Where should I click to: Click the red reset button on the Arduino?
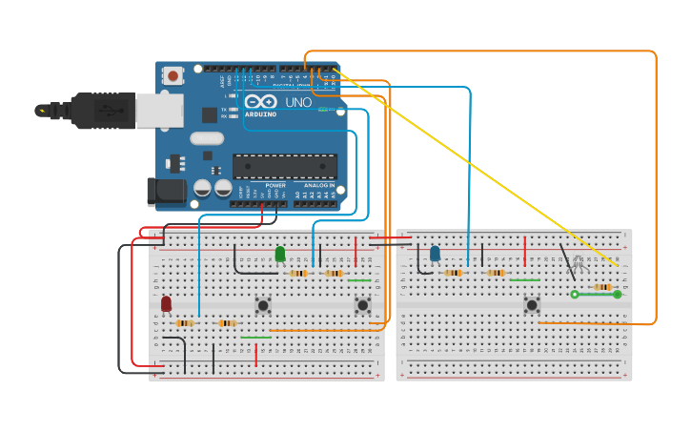click(x=173, y=75)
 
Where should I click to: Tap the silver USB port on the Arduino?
click(x=158, y=111)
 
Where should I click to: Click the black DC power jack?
click(x=167, y=191)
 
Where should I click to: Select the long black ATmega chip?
click(x=285, y=166)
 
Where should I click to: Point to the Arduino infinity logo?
click(x=260, y=102)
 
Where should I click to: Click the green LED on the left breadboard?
click(x=280, y=254)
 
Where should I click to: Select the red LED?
click(x=166, y=303)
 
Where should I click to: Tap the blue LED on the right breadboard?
click(x=435, y=253)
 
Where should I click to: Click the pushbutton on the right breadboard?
click(x=532, y=305)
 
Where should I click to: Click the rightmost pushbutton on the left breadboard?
click(x=363, y=305)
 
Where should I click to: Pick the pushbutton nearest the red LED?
click(x=263, y=305)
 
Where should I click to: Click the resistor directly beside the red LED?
click(x=185, y=323)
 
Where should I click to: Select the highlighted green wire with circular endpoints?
click(x=596, y=295)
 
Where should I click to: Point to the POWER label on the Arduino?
click(x=275, y=185)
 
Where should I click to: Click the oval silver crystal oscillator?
click(x=206, y=138)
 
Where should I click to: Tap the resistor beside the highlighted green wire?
click(x=602, y=286)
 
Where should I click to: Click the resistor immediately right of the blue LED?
click(x=454, y=273)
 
